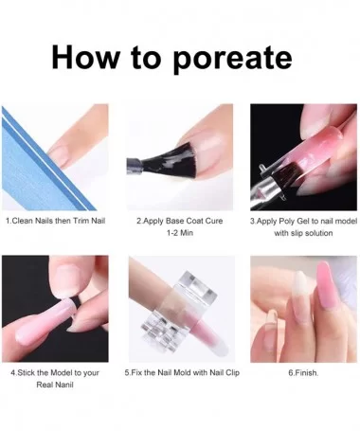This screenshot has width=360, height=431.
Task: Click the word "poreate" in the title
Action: coord(233,59)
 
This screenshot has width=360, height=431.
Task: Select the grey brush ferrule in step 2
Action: coord(134,165)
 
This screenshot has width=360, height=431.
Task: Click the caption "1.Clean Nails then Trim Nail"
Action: coord(55,221)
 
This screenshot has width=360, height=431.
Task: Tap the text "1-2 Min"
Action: coord(180,233)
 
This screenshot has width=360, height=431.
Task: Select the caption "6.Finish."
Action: coord(303,373)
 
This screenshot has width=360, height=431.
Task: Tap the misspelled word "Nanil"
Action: coord(64,385)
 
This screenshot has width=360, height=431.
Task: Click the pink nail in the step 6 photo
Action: coord(327,287)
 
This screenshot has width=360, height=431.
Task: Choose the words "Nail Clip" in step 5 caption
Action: coord(225,373)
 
